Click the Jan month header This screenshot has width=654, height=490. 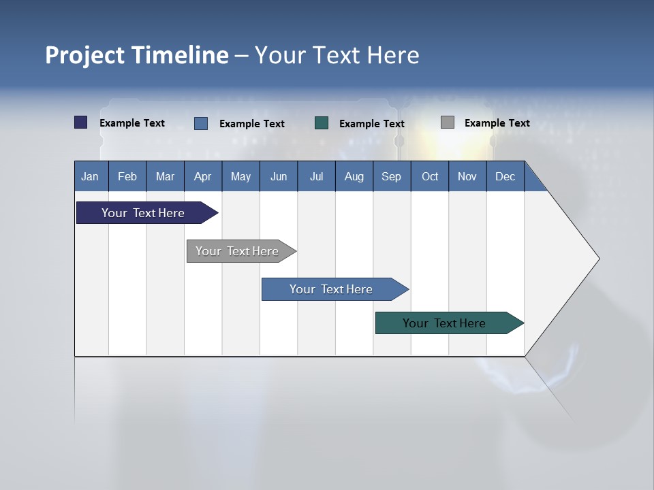click(x=91, y=176)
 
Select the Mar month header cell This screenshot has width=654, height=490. click(x=165, y=176)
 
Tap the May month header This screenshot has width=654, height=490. click(x=240, y=176)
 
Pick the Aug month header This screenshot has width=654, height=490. click(x=354, y=176)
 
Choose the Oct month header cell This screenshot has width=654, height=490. click(x=429, y=176)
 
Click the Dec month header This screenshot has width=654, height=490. click(x=505, y=176)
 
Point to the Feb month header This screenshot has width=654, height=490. click(x=127, y=176)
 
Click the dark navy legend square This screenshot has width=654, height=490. click(x=81, y=122)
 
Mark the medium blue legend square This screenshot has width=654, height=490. click(x=201, y=123)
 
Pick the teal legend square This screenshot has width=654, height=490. click(x=322, y=123)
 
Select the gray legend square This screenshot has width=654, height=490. click(x=448, y=122)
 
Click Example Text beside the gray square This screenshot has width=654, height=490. click(x=497, y=123)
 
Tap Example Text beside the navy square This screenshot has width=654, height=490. click(x=132, y=123)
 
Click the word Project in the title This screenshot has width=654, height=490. click(x=85, y=55)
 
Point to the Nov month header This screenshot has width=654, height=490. click(x=467, y=176)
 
